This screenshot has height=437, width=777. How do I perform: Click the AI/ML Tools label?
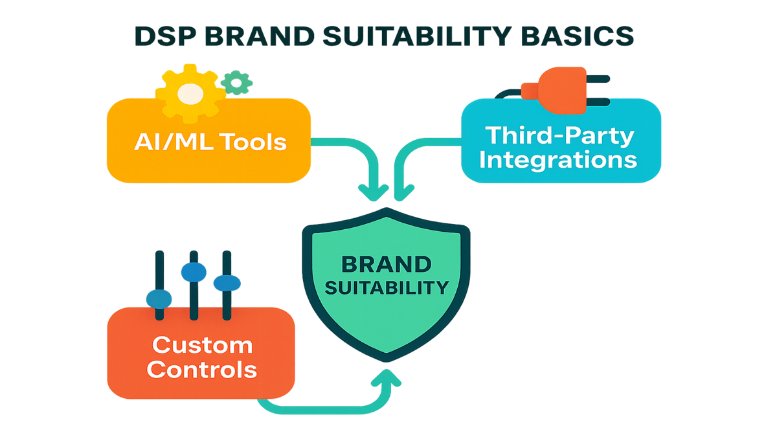pos(210,140)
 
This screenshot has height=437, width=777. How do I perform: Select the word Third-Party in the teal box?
pos(560,135)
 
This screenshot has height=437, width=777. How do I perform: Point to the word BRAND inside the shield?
pos(387,264)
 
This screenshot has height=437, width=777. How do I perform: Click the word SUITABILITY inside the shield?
pos(387,287)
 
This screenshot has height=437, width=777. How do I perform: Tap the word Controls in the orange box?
pos(201,370)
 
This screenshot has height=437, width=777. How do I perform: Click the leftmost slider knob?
pos(159,298)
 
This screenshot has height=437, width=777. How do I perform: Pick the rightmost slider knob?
pos(227,283)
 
